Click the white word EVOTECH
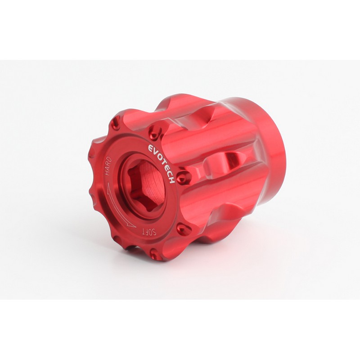[161, 163]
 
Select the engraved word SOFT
[149, 231]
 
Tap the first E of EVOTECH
[149, 148]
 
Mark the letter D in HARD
[109, 159]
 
